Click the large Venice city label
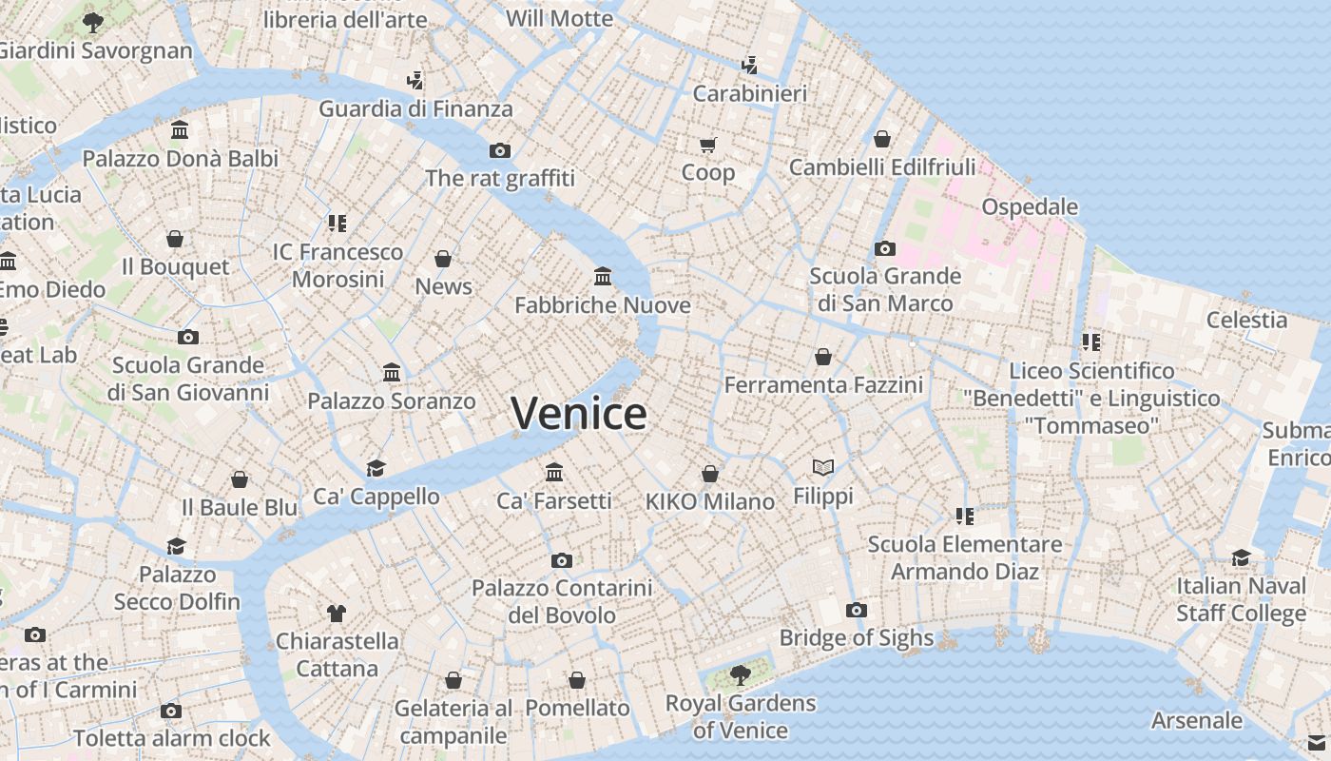tap(578, 414)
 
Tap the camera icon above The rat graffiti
tap(500, 150)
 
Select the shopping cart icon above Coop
tap(707, 146)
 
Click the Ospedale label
tap(1030, 206)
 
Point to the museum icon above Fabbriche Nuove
tap(603, 277)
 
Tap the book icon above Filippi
tap(823, 467)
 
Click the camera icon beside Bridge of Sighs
tap(857, 610)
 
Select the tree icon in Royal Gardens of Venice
tap(740, 675)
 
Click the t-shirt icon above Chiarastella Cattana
tap(336, 613)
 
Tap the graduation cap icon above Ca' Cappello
tap(376, 468)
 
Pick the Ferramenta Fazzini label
tap(823, 385)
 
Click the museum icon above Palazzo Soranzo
tap(392, 372)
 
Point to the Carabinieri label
tap(749, 93)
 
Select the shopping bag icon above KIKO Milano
tap(710, 474)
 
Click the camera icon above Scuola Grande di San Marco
tap(885, 249)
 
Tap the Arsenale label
tap(1196, 720)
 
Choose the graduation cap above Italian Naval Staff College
tap(1242, 557)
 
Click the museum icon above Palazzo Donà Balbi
tap(180, 130)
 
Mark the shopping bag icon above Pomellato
tap(577, 680)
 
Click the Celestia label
tap(1246, 320)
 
